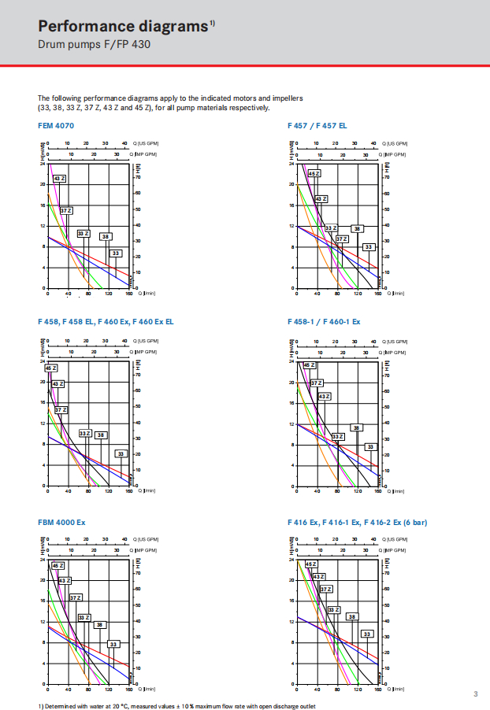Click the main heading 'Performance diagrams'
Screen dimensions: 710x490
[122, 27]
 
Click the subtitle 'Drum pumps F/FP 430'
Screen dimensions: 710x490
[94, 45]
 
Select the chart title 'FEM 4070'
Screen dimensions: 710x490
[56, 126]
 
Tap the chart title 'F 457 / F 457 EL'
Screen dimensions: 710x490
[317, 126]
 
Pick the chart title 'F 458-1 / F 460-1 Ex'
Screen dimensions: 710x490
[324, 322]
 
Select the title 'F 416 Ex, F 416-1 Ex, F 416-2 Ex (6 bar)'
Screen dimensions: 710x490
[358, 522]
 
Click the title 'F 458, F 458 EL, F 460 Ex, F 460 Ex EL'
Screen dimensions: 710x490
[106, 322]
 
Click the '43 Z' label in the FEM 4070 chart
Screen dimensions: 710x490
[60, 179]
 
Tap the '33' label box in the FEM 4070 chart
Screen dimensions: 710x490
[116, 253]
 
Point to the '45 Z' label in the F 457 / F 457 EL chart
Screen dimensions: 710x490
[314, 173]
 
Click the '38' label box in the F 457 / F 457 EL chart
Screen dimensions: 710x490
[357, 228]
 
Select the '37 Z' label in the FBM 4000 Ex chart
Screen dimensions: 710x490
[76, 597]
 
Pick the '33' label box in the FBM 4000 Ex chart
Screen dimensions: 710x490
[114, 644]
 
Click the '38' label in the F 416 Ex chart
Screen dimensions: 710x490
[352, 616]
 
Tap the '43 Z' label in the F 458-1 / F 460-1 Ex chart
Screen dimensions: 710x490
[324, 397]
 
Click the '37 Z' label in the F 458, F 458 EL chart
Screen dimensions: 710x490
[61, 410]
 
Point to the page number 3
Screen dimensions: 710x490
[476, 693]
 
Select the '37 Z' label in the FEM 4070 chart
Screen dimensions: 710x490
[66, 210]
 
